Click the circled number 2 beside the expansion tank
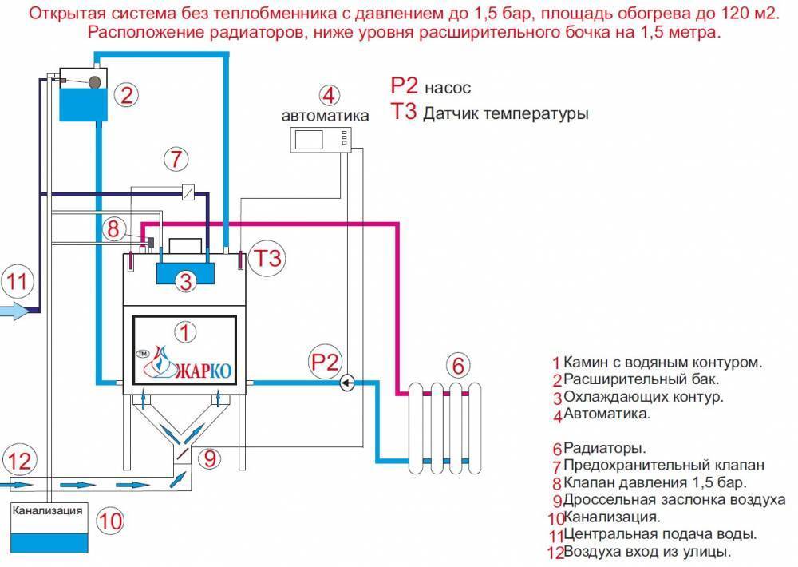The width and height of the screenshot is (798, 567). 126,95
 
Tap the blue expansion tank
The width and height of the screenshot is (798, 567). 83,102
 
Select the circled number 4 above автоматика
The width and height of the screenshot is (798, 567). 327,94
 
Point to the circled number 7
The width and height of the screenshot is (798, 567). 177,157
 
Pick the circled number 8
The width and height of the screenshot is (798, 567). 114,229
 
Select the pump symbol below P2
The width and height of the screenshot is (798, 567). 347,383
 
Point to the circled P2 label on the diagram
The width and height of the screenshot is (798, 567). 324,360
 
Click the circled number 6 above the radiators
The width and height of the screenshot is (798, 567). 457,365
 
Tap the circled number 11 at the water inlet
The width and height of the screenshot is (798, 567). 17,280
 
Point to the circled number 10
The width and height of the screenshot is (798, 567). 110,521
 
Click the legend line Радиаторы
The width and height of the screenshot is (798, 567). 603,447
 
